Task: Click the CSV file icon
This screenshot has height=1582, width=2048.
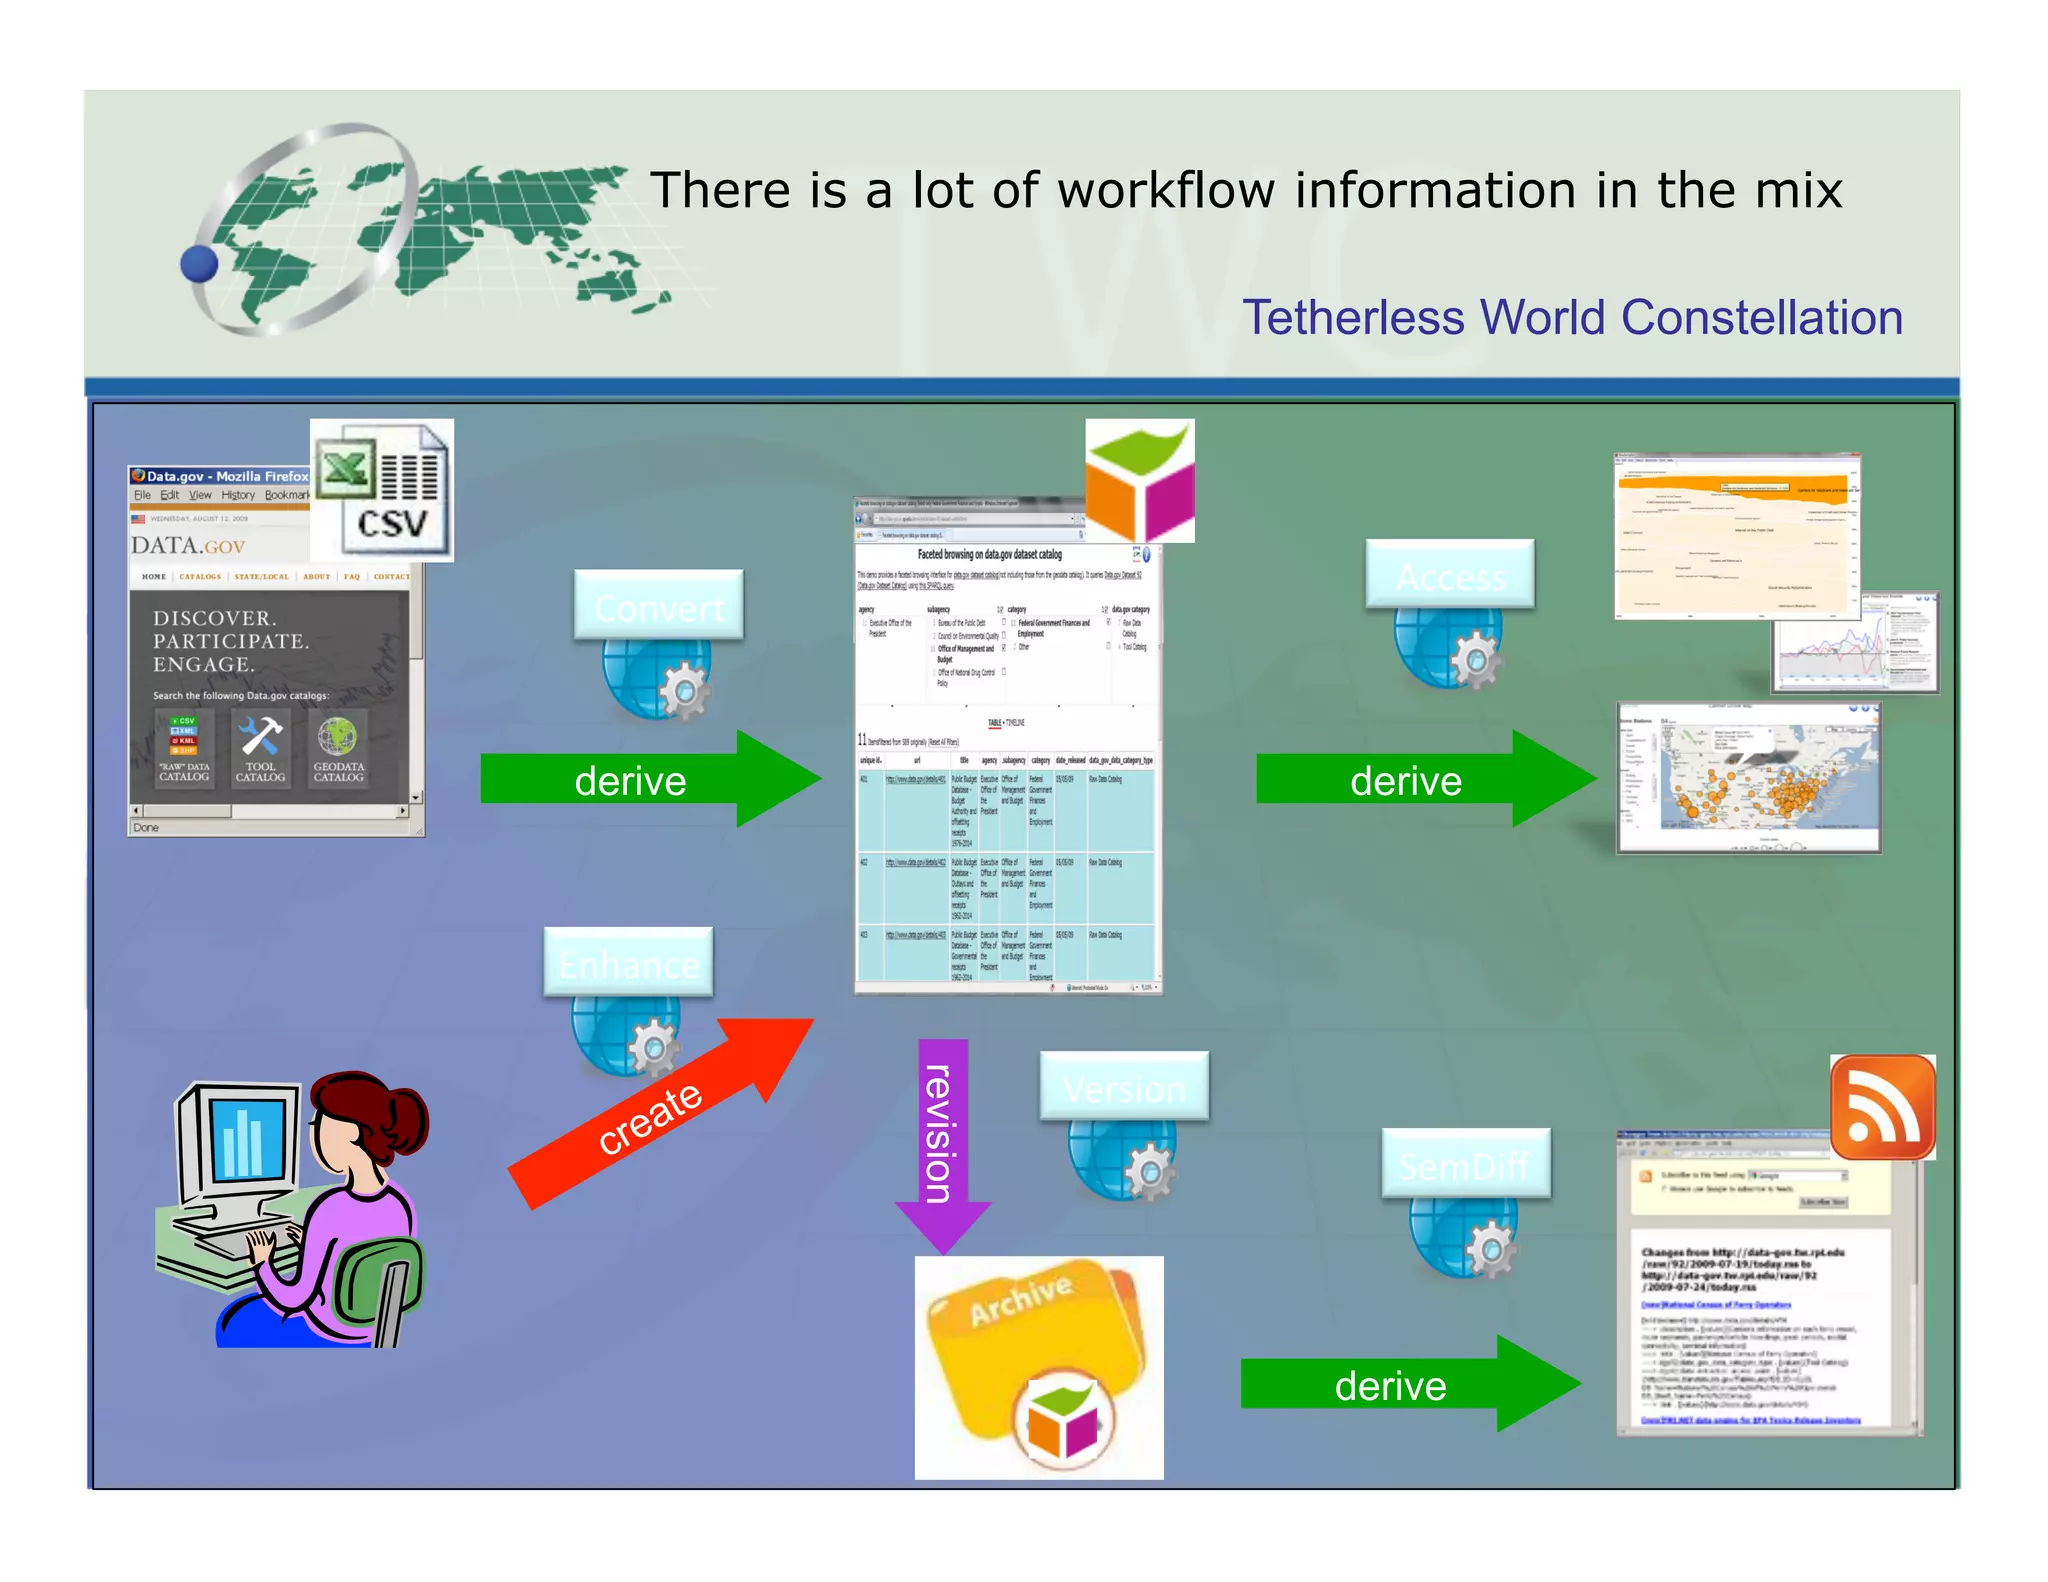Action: [x=381, y=490]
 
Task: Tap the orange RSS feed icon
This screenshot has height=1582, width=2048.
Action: [x=1882, y=1107]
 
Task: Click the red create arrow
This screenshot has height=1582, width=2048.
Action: [x=660, y=1112]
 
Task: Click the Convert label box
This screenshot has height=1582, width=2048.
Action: [x=658, y=605]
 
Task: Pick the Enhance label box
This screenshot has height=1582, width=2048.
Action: [x=628, y=962]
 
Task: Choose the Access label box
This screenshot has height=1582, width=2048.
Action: [x=1449, y=574]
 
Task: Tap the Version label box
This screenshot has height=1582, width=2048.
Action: [x=1123, y=1086]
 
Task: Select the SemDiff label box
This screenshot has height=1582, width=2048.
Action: [x=1465, y=1163]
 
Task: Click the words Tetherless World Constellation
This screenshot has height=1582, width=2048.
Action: [x=1571, y=318]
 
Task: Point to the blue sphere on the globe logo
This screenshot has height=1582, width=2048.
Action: [x=199, y=264]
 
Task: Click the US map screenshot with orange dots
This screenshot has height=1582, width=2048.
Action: [x=1748, y=778]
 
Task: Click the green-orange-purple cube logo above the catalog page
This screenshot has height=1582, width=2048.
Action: [x=1140, y=481]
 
